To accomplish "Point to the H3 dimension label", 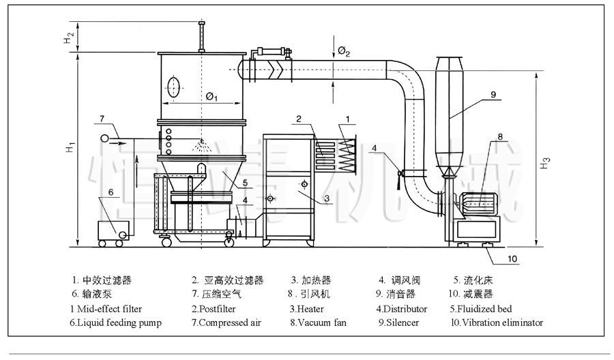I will (544, 163).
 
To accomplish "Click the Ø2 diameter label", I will (343, 52).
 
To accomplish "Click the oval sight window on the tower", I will (174, 87).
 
